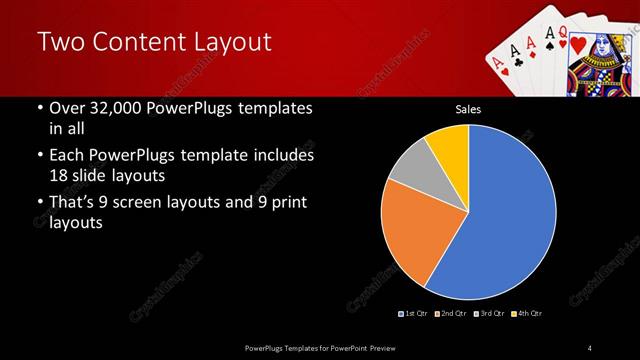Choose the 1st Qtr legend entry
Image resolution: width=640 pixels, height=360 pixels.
414,314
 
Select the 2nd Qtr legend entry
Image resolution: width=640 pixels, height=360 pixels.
453,314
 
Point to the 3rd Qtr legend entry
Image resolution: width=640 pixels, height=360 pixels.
491,314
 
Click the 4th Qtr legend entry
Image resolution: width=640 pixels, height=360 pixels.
529,314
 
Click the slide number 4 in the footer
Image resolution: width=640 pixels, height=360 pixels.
589,347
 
